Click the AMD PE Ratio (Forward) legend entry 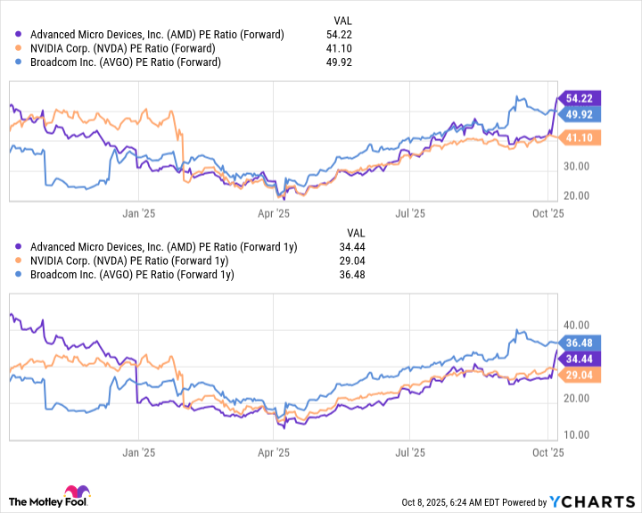pos(157,35)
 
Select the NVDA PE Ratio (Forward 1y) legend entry pos(129,261)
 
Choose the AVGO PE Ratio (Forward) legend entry pos(125,62)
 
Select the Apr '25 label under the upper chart pos(273,213)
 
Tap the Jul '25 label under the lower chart pos(409,452)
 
